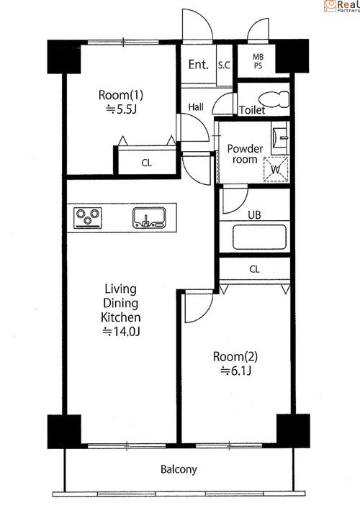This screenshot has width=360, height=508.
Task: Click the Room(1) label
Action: click(x=121, y=95)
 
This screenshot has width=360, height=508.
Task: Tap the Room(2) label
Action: click(x=235, y=357)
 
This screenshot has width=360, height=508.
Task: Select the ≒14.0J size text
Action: click(x=121, y=332)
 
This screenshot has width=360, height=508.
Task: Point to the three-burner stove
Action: click(x=88, y=218)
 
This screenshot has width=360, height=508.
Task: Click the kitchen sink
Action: click(x=149, y=217)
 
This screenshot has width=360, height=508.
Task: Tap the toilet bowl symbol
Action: click(x=274, y=99)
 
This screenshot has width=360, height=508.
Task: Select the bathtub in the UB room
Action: click(x=259, y=237)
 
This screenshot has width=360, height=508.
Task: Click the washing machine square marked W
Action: click(x=276, y=169)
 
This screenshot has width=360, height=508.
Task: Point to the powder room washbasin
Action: click(x=280, y=137)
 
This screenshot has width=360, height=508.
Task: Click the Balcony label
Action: click(x=179, y=469)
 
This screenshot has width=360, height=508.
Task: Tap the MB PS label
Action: click(x=258, y=61)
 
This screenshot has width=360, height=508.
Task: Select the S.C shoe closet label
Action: click(x=224, y=65)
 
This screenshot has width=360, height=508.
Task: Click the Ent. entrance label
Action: click(x=199, y=65)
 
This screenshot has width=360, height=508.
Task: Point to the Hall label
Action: click(x=197, y=107)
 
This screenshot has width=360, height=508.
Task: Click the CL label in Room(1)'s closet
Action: click(x=147, y=163)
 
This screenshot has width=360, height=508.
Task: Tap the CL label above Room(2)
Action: click(x=255, y=269)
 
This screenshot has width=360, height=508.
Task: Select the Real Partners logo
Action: click(x=341, y=6)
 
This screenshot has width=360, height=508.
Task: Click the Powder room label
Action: click(x=245, y=154)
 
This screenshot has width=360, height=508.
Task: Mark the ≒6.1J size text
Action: click(x=235, y=371)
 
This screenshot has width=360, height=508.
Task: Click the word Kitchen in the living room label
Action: click(x=121, y=317)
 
